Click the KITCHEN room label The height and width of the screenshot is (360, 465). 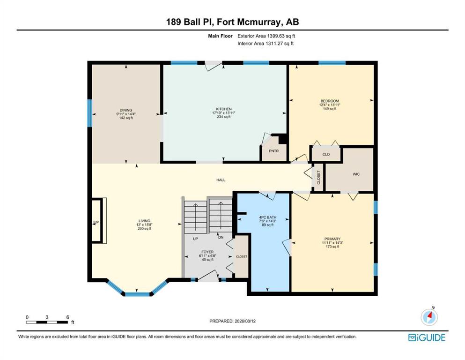[224, 109]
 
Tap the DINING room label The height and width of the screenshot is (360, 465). [126, 110]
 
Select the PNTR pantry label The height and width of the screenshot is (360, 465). [274, 151]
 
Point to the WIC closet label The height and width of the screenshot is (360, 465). [356, 174]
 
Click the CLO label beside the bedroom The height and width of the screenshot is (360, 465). [326, 154]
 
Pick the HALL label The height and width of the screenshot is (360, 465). [221, 180]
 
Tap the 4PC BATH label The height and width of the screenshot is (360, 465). [268, 217]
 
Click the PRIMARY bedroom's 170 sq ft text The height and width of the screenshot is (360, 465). [332, 247]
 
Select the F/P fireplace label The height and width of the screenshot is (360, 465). [96, 222]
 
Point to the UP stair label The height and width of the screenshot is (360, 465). [195, 239]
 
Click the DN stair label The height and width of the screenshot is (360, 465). [221, 238]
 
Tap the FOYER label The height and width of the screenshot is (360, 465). [207, 252]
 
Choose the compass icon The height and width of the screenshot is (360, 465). [429, 317]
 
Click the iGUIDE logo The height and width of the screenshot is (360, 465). [427, 337]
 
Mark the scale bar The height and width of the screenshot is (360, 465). [47, 322]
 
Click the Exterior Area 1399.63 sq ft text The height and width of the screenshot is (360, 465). [266, 36]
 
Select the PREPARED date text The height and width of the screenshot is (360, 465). [232, 321]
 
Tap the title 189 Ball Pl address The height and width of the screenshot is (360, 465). [232, 22]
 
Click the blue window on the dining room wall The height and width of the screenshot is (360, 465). [89, 113]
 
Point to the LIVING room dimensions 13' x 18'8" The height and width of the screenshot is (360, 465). [144, 225]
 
